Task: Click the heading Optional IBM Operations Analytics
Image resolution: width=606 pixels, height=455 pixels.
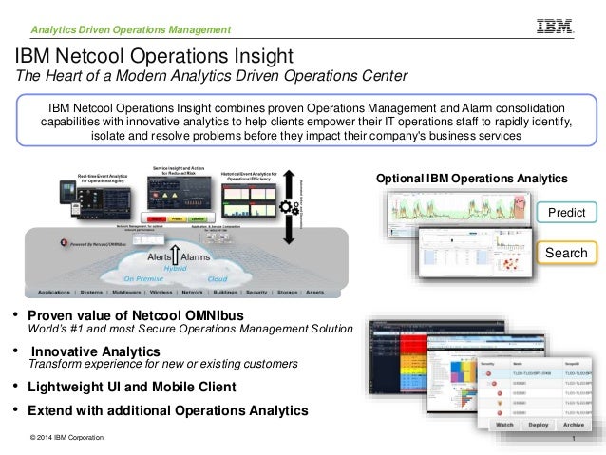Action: pyautogui.click(x=472, y=179)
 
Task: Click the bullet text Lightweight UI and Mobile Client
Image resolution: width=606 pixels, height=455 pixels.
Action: pyautogui.click(x=132, y=388)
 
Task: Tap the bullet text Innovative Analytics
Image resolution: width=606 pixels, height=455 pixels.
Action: pyautogui.click(x=94, y=351)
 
